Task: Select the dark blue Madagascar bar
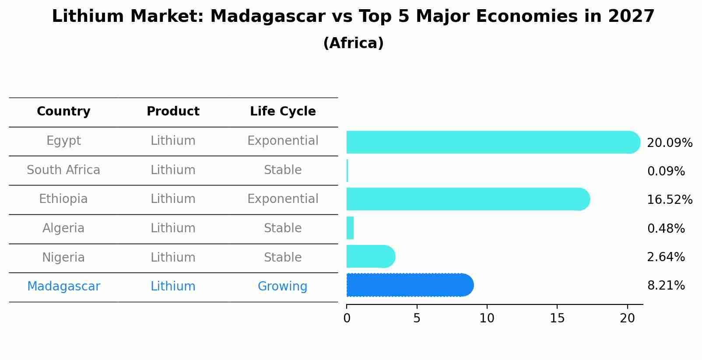(409, 285)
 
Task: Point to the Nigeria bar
(370, 256)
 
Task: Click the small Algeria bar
(350, 228)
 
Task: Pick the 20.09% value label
(669, 143)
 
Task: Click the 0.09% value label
(666, 171)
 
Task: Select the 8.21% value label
(666, 286)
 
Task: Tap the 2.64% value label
(666, 257)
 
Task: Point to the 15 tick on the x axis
(557, 318)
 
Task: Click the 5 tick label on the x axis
(417, 318)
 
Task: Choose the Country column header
(63, 112)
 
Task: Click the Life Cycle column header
(283, 112)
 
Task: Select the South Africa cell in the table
(63, 170)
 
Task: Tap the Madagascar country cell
(63, 287)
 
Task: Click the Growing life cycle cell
(282, 287)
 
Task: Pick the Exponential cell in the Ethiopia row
(283, 199)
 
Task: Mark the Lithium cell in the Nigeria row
(173, 257)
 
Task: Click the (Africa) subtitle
(353, 43)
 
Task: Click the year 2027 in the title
(631, 17)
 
